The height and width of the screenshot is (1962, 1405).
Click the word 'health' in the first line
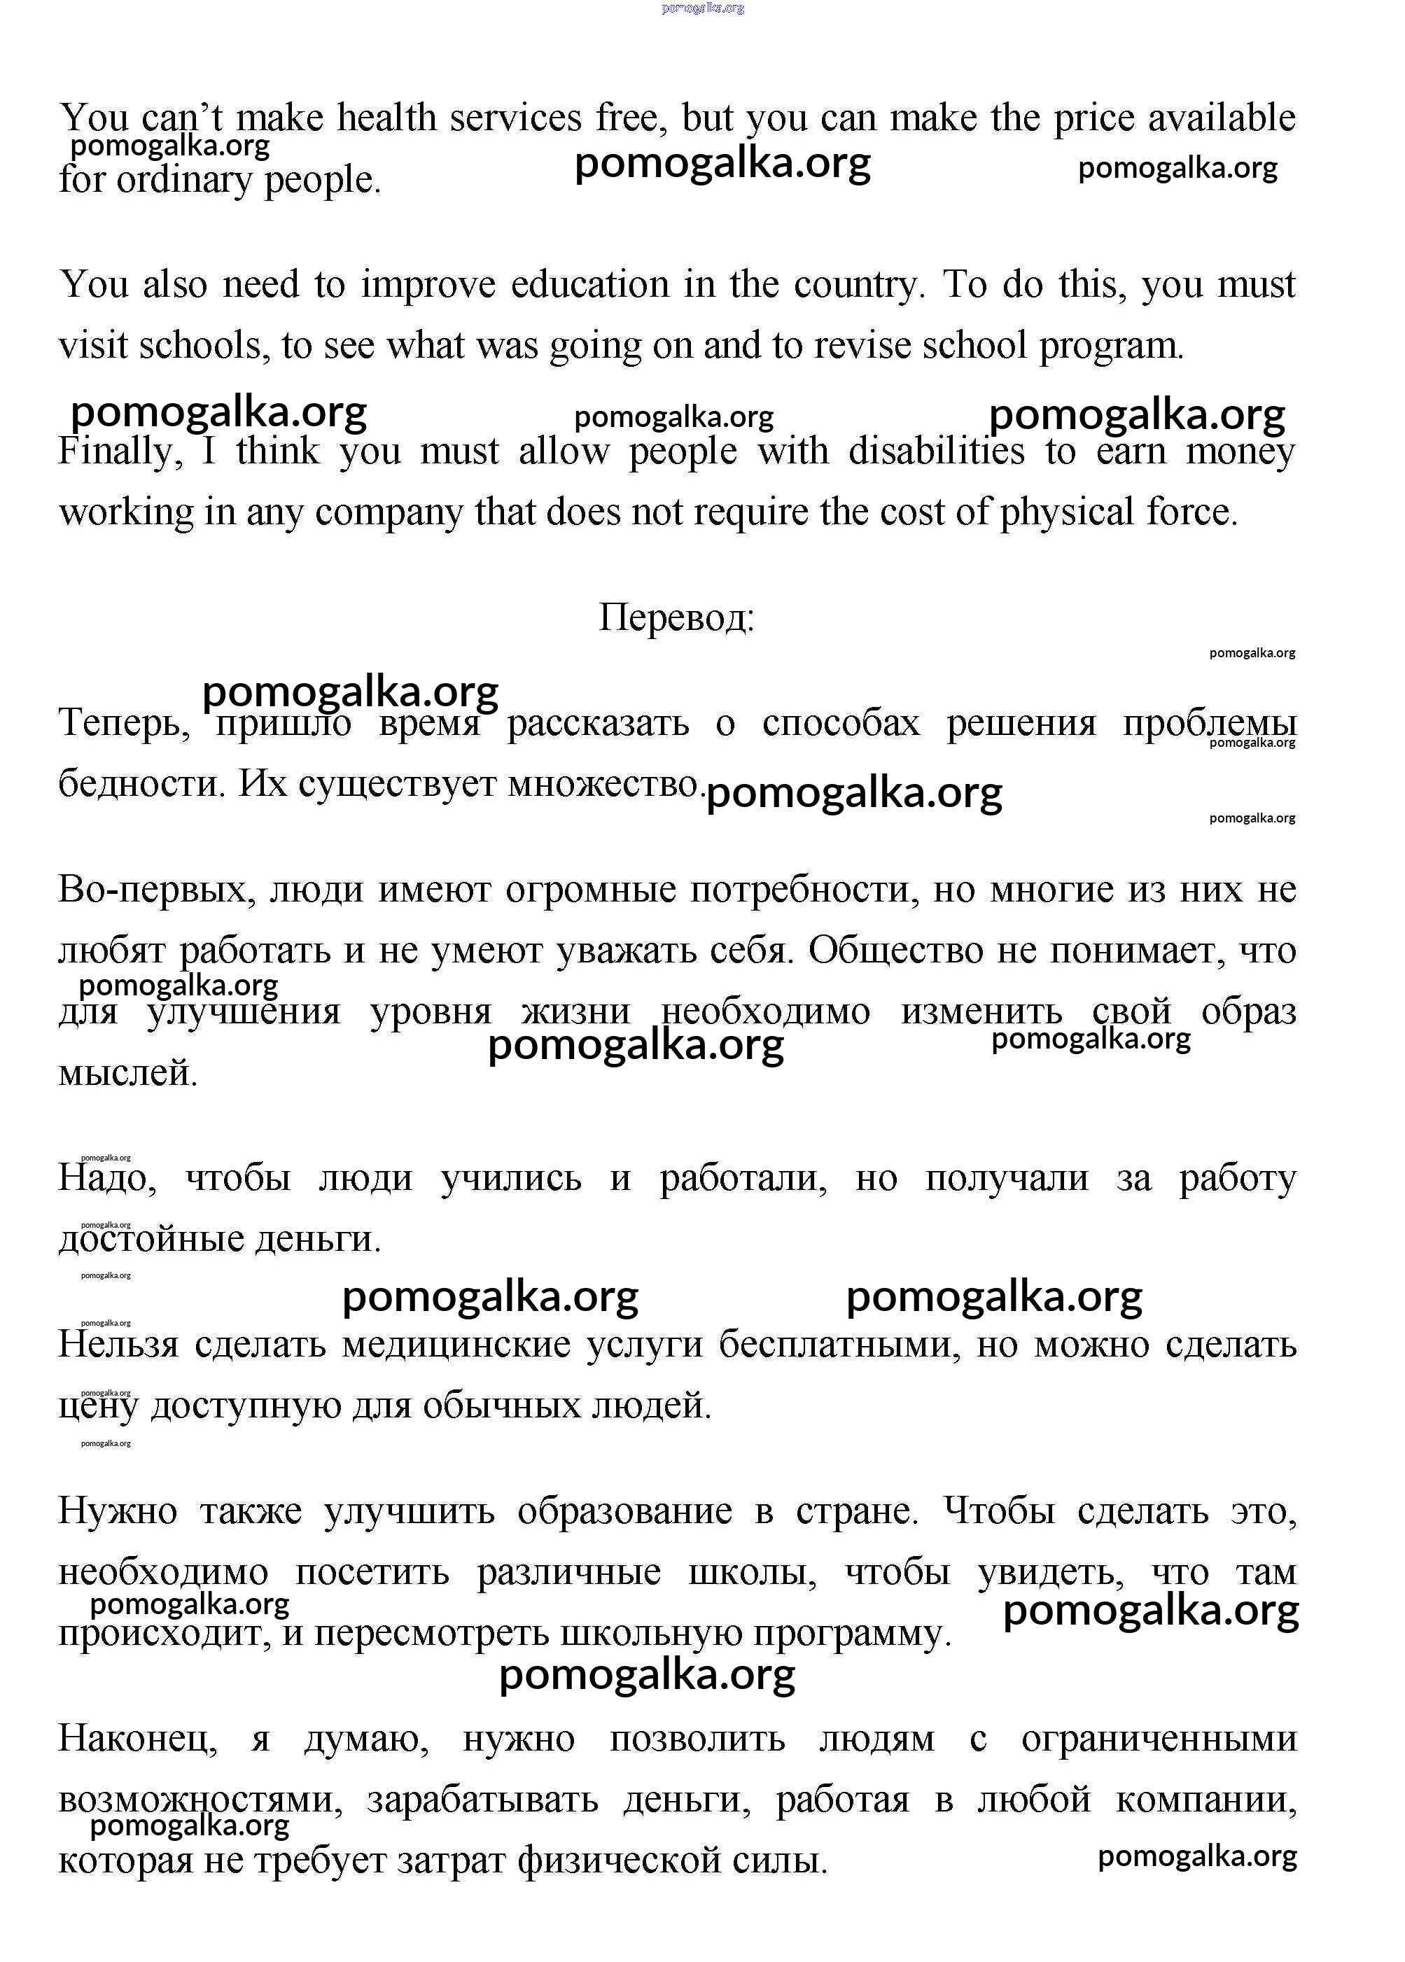pyautogui.click(x=386, y=118)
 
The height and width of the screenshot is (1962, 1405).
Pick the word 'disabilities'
pyautogui.click(x=935, y=451)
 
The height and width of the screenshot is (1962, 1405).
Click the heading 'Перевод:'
pyautogui.click(x=676, y=617)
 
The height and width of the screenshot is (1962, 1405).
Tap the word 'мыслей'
pyautogui.click(x=127, y=1074)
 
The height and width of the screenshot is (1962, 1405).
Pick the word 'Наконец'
pyautogui.click(x=137, y=1739)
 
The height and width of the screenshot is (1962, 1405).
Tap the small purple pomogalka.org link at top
pyautogui.click(x=703, y=8)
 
